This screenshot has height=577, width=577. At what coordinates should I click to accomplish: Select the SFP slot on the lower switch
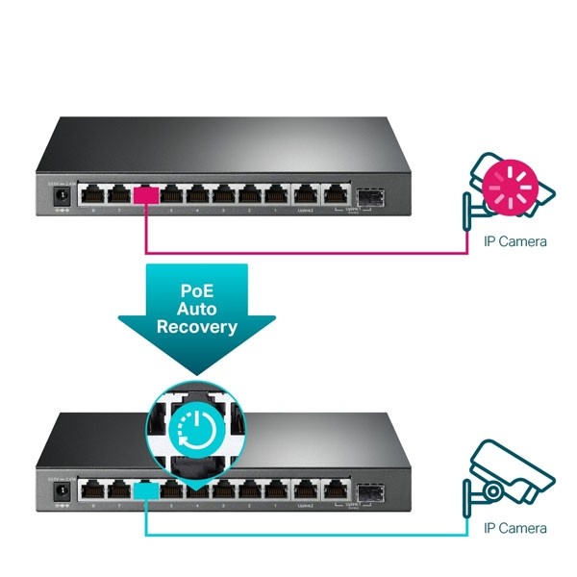click(369, 490)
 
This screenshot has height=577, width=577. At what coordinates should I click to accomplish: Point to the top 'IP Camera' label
click(514, 241)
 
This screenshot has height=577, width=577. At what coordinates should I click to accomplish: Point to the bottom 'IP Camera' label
click(514, 529)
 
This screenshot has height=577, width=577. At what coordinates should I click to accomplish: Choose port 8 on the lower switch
click(92, 489)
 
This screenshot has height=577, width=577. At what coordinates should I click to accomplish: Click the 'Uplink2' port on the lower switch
click(306, 489)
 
